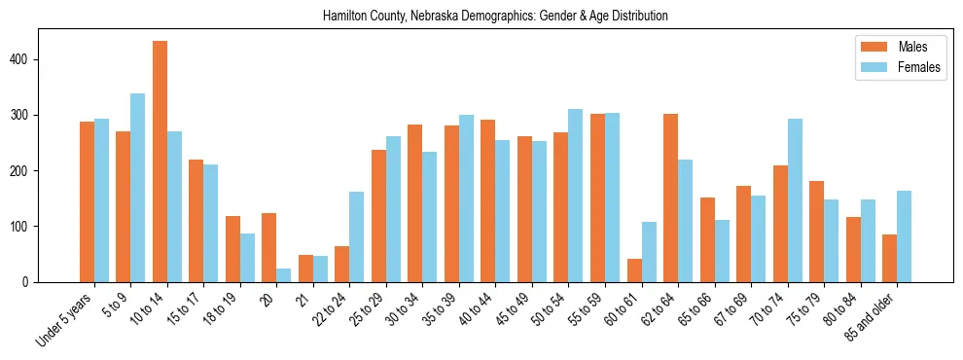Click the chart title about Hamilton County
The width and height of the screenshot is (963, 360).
(x=495, y=17)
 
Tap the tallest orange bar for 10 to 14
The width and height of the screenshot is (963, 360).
(x=160, y=162)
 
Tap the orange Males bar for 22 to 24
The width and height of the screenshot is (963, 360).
(x=342, y=264)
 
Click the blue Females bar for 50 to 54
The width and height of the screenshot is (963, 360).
(x=576, y=196)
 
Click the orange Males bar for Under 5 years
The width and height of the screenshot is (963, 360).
(x=87, y=201)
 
